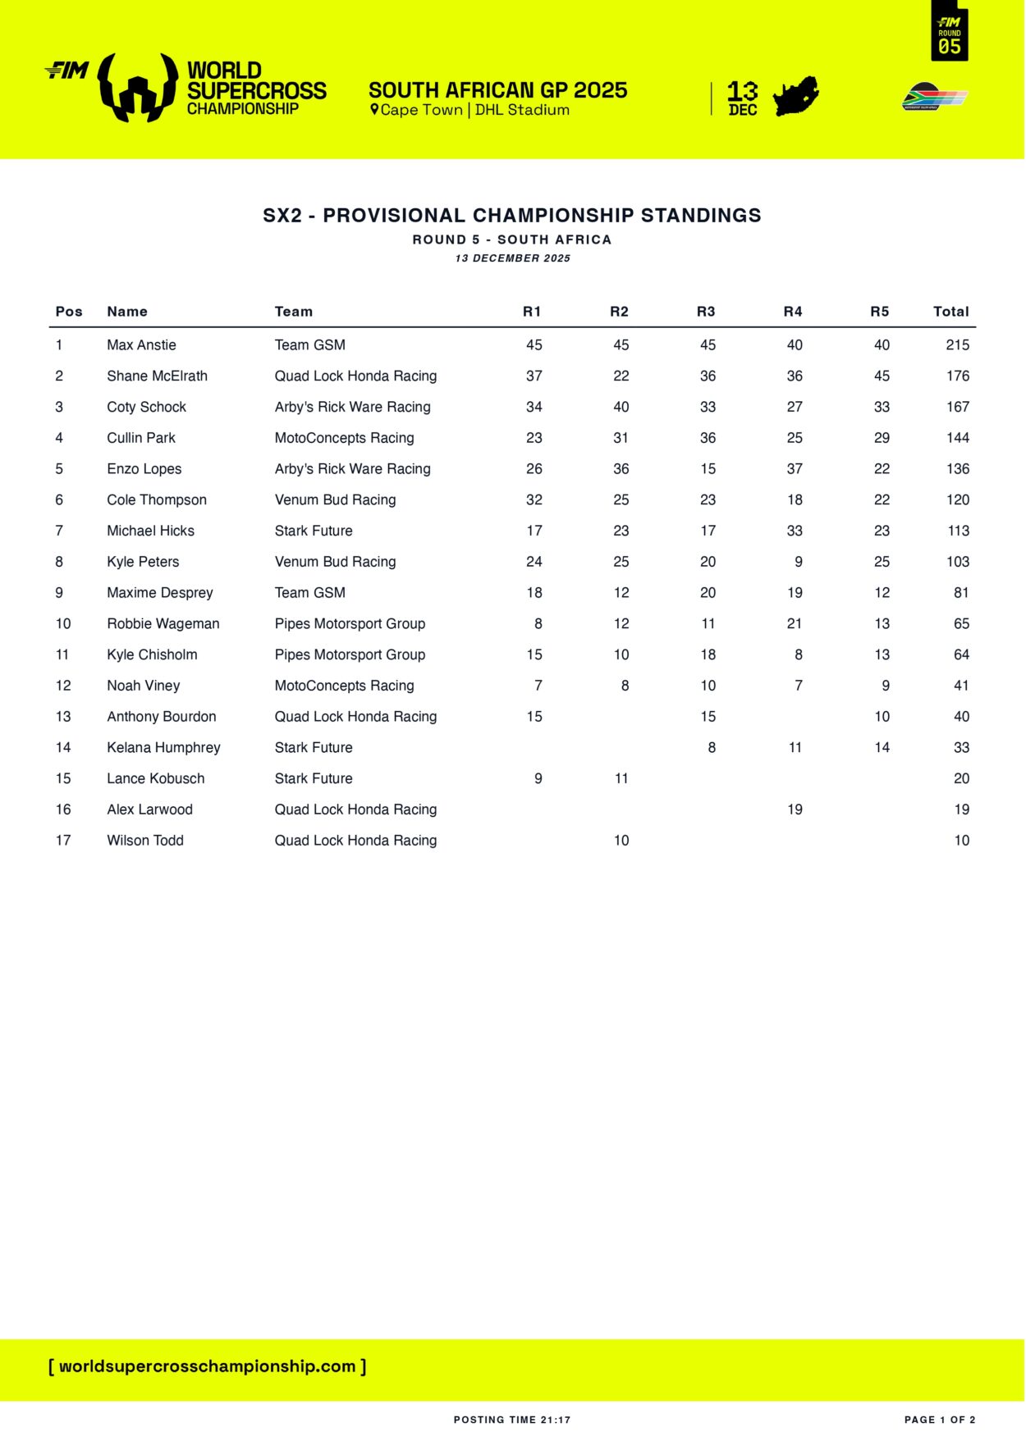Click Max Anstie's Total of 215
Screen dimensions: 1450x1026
957,345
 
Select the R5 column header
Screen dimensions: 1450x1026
879,312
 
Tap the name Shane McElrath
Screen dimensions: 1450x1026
157,376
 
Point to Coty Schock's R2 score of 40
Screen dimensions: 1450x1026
621,407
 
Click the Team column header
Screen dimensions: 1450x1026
293,312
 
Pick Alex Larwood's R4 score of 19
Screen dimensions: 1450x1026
795,809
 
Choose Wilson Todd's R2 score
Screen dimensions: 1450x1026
621,841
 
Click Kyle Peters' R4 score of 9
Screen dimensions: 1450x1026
799,562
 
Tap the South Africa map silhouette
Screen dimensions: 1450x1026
795,98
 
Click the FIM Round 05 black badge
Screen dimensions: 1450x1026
950,33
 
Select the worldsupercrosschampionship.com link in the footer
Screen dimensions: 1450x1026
208,1366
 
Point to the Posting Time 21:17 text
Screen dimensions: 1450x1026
512,1420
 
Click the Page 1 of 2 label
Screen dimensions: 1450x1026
940,1420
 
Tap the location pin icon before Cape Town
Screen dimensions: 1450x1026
374,110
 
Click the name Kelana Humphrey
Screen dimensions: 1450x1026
163,748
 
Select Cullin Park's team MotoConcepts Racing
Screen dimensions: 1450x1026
344,438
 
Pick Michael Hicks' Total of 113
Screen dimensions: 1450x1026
958,531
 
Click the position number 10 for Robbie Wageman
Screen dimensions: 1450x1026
63,624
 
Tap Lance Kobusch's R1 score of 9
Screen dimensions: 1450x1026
538,778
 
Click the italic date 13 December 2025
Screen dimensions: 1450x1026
512,258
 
